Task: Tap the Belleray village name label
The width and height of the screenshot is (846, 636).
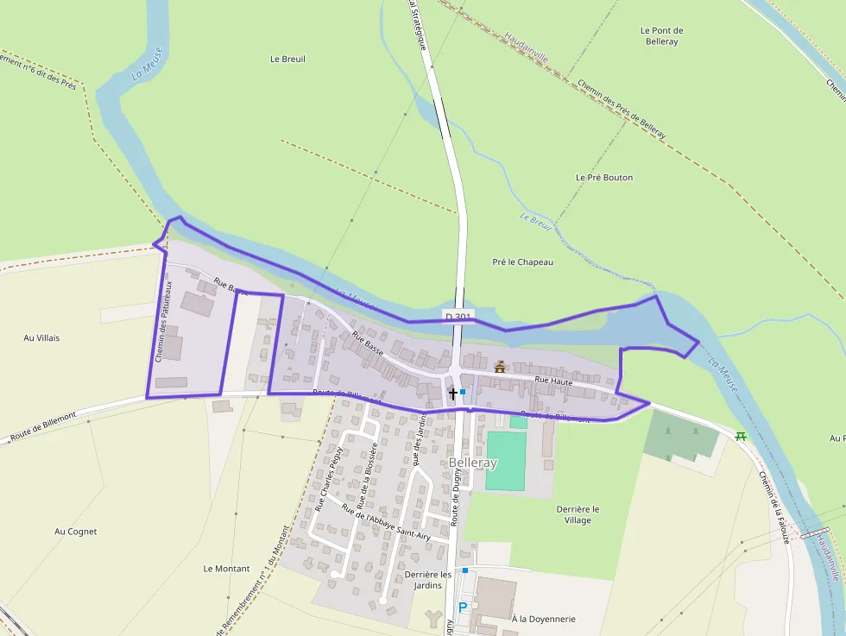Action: [473, 463]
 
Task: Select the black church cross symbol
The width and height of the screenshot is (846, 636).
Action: [452, 394]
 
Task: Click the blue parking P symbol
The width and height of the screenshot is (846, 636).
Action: [463, 607]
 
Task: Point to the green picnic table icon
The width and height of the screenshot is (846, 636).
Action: [741, 436]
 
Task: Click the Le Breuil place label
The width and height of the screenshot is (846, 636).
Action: [287, 59]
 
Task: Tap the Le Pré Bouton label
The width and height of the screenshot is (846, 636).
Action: [604, 177]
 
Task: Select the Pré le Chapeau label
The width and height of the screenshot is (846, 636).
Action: [522, 261]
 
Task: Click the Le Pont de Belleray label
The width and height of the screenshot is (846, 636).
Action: [661, 35]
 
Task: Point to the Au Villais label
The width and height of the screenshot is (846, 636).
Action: [41, 337]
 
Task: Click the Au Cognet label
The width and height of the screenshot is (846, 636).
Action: [75, 532]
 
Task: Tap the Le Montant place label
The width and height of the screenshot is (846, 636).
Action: [226, 569]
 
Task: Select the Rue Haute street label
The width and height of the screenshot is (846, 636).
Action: [553, 380]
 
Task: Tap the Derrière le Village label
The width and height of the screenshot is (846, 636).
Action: [578, 514]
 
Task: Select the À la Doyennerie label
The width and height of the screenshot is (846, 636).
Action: [543, 619]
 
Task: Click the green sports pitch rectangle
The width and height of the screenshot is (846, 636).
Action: [506, 460]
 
